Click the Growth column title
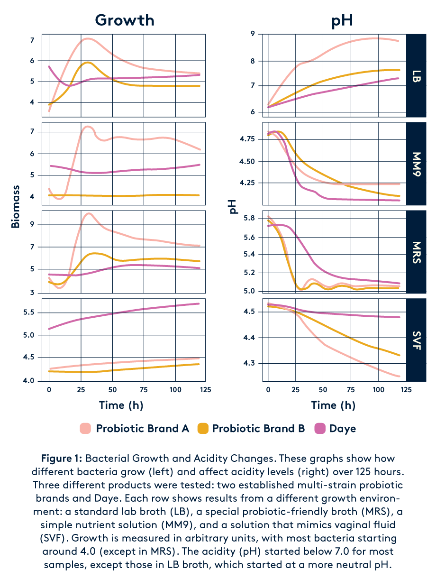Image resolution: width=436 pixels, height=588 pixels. click(124, 20)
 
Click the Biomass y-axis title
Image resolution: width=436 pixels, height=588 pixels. click(16, 207)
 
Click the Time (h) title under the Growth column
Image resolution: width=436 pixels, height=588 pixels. click(121, 405)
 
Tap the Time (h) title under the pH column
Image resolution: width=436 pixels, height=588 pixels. click(333, 405)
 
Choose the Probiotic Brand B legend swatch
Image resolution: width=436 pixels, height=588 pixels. click(202, 429)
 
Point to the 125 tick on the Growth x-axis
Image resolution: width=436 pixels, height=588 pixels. click(205, 389)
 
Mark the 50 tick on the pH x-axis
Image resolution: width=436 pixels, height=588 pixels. click(323, 389)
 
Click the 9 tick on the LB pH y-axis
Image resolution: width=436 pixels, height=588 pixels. click(253, 34)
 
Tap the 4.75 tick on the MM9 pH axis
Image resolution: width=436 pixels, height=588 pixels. click(247, 139)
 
